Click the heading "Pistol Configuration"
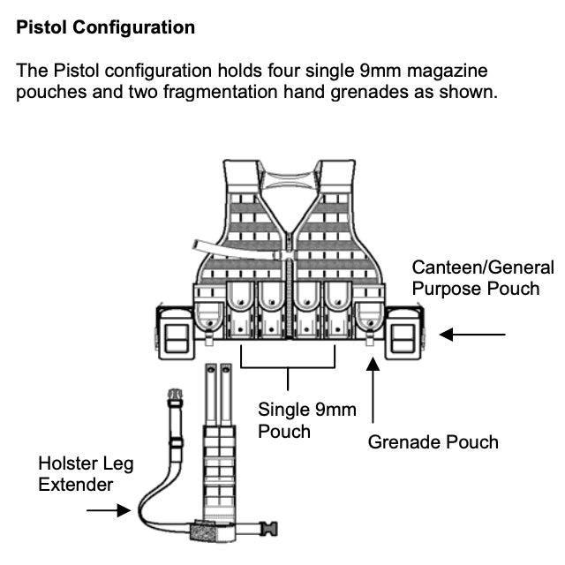[x=106, y=27]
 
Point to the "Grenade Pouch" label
[x=433, y=441]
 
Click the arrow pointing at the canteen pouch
[x=472, y=335]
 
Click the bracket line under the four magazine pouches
[x=289, y=366]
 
